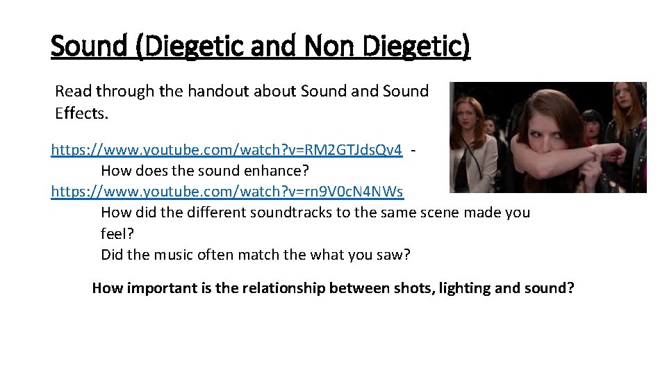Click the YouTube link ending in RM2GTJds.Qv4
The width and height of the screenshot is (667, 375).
(227, 151)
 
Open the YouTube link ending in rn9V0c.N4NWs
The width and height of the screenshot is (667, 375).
(227, 191)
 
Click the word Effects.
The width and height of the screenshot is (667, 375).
(82, 113)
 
